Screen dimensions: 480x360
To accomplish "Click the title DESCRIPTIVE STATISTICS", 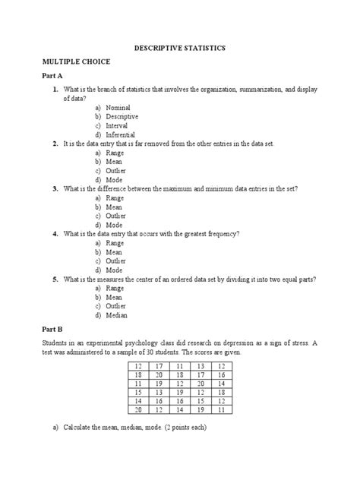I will [180, 48].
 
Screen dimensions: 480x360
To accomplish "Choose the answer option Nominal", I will [118, 109].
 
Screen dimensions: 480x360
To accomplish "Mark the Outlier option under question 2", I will [117, 170].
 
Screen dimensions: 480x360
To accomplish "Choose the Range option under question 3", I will [116, 197].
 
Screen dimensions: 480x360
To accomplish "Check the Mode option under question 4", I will [115, 270].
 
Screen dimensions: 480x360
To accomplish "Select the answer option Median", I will [117, 314].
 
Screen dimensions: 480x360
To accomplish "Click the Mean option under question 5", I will [115, 297].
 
